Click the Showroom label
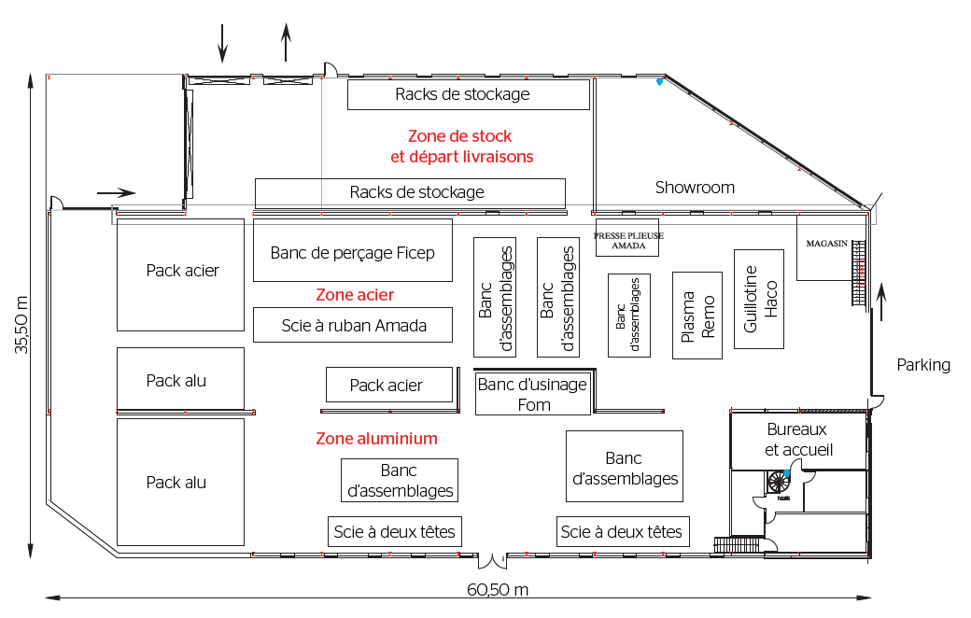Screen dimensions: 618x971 [x=695, y=188]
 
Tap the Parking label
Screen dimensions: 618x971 [x=923, y=365]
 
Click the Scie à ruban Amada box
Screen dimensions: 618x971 [x=353, y=325]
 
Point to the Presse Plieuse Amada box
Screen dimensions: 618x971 [x=628, y=241]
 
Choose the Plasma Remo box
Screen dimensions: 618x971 [x=698, y=316]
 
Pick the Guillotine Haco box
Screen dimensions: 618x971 [x=757, y=299]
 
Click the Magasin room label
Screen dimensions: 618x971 [x=826, y=244]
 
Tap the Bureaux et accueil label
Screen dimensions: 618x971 [x=797, y=440]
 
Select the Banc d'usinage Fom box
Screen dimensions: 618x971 [x=532, y=394]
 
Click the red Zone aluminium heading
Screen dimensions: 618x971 [x=376, y=438]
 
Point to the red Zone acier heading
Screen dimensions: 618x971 [x=355, y=295]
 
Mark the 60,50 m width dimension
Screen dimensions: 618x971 [x=498, y=590]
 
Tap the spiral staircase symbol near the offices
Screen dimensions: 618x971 [x=777, y=482]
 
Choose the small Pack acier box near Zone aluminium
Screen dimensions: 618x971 [x=387, y=385]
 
